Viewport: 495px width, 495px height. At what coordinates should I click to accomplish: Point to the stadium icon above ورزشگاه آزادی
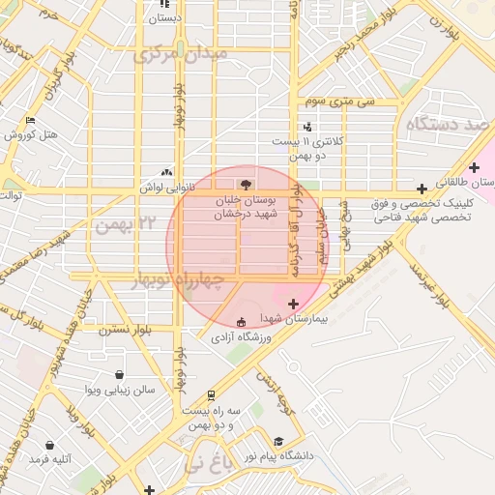[x=241, y=321]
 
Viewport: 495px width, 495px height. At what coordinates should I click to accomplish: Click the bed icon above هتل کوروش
[x=30, y=121]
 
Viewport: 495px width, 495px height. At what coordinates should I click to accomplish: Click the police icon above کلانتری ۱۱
[x=307, y=126]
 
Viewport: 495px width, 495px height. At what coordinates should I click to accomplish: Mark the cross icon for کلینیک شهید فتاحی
[x=422, y=189]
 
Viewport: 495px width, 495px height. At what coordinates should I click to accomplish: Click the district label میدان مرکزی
[x=179, y=52]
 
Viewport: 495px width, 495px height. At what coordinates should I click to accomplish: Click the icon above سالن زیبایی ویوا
[x=118, y=375]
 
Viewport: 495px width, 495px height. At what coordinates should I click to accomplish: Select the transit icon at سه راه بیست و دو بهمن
[x=211, y=395]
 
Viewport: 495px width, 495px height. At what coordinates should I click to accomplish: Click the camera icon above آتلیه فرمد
[x=49, y=446]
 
